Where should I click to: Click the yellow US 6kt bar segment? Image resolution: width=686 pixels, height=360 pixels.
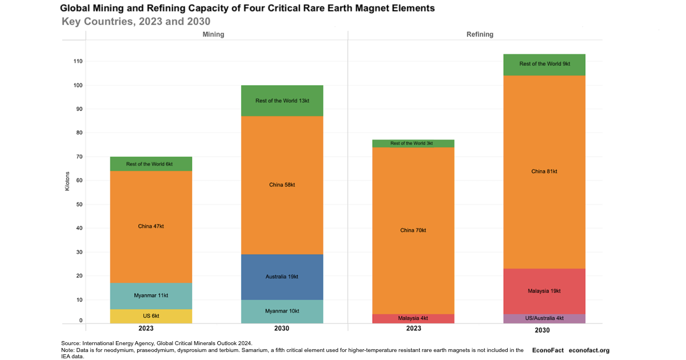(151, 316)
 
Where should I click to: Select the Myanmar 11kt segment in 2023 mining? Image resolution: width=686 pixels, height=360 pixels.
(151, 296)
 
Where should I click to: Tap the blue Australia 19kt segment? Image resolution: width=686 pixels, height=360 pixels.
(282, 277)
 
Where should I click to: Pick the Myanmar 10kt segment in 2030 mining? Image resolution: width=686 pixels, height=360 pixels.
(282, 311)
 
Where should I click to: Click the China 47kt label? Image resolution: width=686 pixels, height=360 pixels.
(151, 226)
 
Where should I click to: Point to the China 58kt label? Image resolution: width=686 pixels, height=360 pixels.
(282, 185)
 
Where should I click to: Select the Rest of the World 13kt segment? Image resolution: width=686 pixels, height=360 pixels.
(282, 101)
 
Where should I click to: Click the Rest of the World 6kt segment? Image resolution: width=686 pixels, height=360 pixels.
(151, 164)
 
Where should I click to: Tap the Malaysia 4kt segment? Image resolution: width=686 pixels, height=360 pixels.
(413, 318)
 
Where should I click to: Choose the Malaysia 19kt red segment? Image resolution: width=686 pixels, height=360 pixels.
(544, 291)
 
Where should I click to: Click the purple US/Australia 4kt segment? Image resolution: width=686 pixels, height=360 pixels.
(544, 318)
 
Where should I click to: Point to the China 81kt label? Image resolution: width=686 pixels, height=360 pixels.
(544, 171)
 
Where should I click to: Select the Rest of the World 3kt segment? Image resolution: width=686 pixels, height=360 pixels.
(413, 143)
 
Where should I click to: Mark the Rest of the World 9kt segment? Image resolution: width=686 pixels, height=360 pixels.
(544, 64)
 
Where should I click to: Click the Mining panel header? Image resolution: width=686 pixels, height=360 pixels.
(213, 34)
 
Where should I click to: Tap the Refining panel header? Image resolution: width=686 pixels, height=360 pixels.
(480, 34)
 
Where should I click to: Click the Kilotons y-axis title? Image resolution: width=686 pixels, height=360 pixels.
(67, 181)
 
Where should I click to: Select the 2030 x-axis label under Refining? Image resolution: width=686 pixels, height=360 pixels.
(542, 330)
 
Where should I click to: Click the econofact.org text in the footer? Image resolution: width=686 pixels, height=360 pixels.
(589, 350)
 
